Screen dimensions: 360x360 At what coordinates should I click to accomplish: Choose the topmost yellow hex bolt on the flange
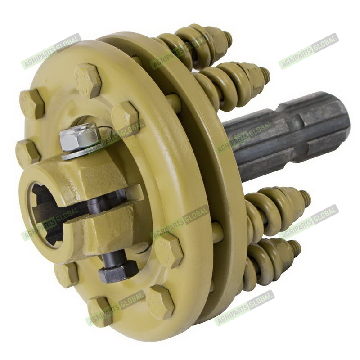(88, 81)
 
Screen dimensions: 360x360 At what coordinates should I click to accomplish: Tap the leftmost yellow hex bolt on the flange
(27, 153)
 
